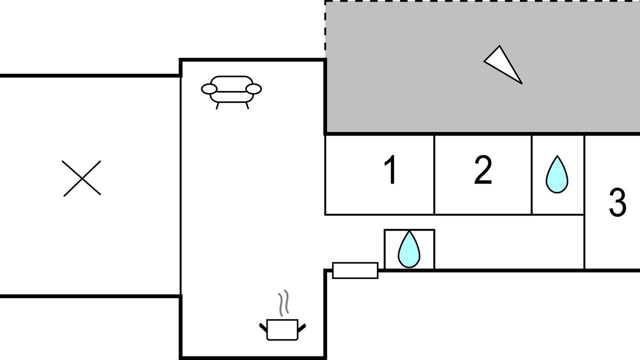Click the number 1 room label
[x=390, y=170]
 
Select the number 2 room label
[x=483, y=170]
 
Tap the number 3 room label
[x=617, y=202]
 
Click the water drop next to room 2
[x=557, y=175]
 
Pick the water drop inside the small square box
[x=409, y=249]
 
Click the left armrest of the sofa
[x=209, y=89]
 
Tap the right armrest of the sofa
[x=254, y=89]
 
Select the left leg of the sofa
[x=217, y=105]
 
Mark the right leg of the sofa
[x=247, y=105]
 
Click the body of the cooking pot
[x=282, y=330]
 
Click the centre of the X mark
[x=82, y=178]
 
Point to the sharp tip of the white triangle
[x=521, y=83]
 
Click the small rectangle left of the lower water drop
[x=355, y=270]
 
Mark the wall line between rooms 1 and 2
[x=434, y=175]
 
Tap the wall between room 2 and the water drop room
[x=531, y=175]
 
